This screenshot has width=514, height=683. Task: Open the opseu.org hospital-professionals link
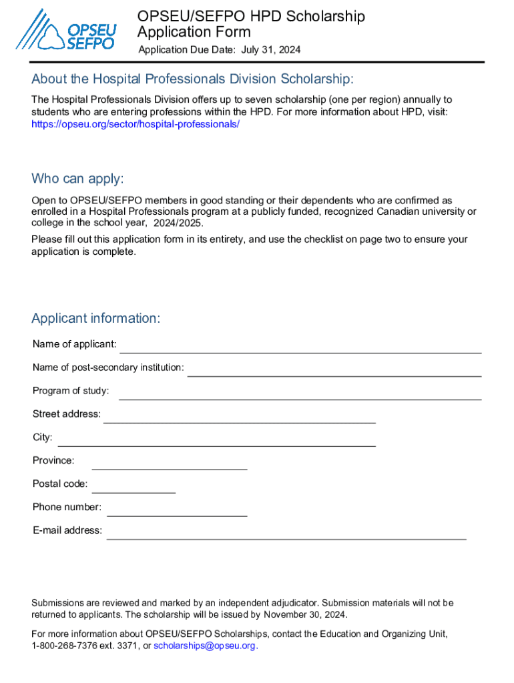pos(136,124)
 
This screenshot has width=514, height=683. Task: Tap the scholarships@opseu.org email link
pos(204,646)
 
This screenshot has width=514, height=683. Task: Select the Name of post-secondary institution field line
pos(334,372)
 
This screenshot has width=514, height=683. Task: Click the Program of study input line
pos(300,395)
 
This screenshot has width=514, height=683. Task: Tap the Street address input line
pos(239,418)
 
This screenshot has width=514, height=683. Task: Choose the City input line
pos(216,442)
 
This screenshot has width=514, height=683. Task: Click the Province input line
pos(169,465)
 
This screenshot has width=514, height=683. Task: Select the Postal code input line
pos(134,488)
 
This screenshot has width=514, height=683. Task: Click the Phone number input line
pos(177,512)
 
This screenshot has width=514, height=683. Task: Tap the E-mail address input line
pos(286,534)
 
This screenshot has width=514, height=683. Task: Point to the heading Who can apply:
pos(77,179)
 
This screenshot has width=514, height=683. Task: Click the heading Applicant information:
pos(95,318)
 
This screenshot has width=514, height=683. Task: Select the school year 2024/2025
pos(178,223)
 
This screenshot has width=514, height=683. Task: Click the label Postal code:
pos(60,484)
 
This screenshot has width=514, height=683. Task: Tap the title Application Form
pos(194,31)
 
